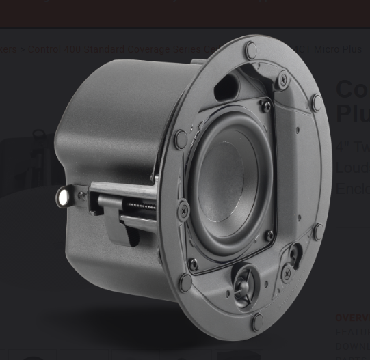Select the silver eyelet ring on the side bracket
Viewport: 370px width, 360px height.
coord(64,197)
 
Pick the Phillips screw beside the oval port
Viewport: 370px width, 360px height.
coord(282,80)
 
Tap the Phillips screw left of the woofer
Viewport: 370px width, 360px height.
coord(184,210)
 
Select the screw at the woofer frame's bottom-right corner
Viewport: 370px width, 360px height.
coord(269,236)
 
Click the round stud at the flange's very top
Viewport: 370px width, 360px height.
coord(251,49)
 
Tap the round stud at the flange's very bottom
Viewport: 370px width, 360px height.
coord(257,321)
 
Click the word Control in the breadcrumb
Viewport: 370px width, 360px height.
coord(44,49)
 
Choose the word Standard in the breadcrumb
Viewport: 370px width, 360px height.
coord(114,49)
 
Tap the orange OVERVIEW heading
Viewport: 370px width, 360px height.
coord(352,318)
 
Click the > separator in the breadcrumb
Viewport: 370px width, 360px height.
coord(22,49)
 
